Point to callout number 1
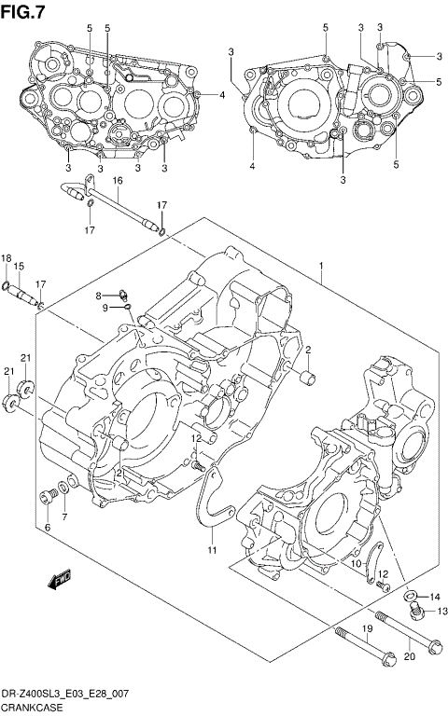click(321, 267)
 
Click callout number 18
click(6, 258)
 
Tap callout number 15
click(19, 267)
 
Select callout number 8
click(96, 296)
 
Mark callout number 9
click(105, 307)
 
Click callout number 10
click(356, 564)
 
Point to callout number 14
click(434, 596)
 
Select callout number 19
click(368, 631)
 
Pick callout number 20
click(408, 656)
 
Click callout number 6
click(47, 528)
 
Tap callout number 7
click(64, 516)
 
